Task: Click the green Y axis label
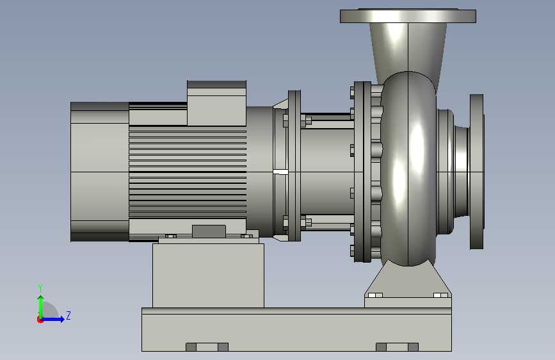[x=40, y=288]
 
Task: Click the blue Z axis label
[x=68, y=315]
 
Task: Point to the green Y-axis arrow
[x=41, y=307]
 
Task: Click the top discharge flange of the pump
[x=408, y=16]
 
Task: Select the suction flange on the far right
[x=476, y=172]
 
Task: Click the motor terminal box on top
[x=216, y=103]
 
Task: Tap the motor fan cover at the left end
[x=99, y=172]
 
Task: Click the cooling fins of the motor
[x=188, y=172]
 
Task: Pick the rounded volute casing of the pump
[x=408, y=168]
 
